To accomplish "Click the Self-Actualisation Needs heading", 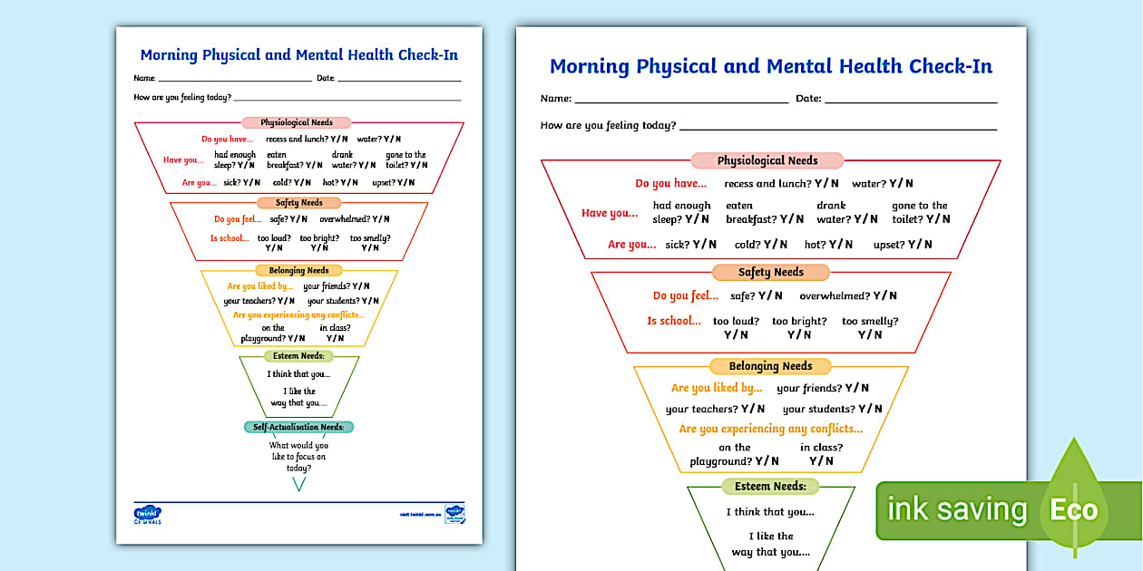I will click(298, 427).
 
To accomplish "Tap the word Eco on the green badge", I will click(1073, 509).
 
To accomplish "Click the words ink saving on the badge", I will click(956, 509).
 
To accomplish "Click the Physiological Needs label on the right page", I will click(767, 160).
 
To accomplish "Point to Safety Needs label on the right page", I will click(771, 272).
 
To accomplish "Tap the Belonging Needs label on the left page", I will click(298, 270).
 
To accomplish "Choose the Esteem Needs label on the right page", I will click(770, 486).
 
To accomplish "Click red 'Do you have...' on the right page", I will click(672, 184).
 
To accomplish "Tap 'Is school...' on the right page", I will click(674, 321).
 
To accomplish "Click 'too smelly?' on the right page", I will click(870, 321).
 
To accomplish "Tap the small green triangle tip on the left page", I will click(298, 484).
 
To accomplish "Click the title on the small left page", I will click(299, 55).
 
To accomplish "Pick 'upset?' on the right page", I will click(890, 245).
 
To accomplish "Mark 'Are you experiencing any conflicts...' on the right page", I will click(771, 429).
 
